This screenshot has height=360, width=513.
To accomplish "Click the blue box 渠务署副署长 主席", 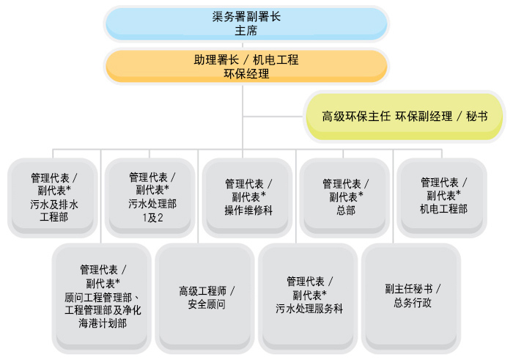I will pyautogui.click(x=246, y=23).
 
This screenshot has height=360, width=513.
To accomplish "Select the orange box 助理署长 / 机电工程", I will pyautogui.click(x=246, y=66).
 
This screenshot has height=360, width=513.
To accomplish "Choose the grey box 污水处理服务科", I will pyautogui.click(x=309, y=296).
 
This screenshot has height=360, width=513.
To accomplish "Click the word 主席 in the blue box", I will pyautogui.click(x=246, y=31).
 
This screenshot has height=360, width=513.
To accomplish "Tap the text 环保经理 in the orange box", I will pyautogui.click(x=246, y=73).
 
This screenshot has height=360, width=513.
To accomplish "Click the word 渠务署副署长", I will pyautogui.click(x=246, y=17).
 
